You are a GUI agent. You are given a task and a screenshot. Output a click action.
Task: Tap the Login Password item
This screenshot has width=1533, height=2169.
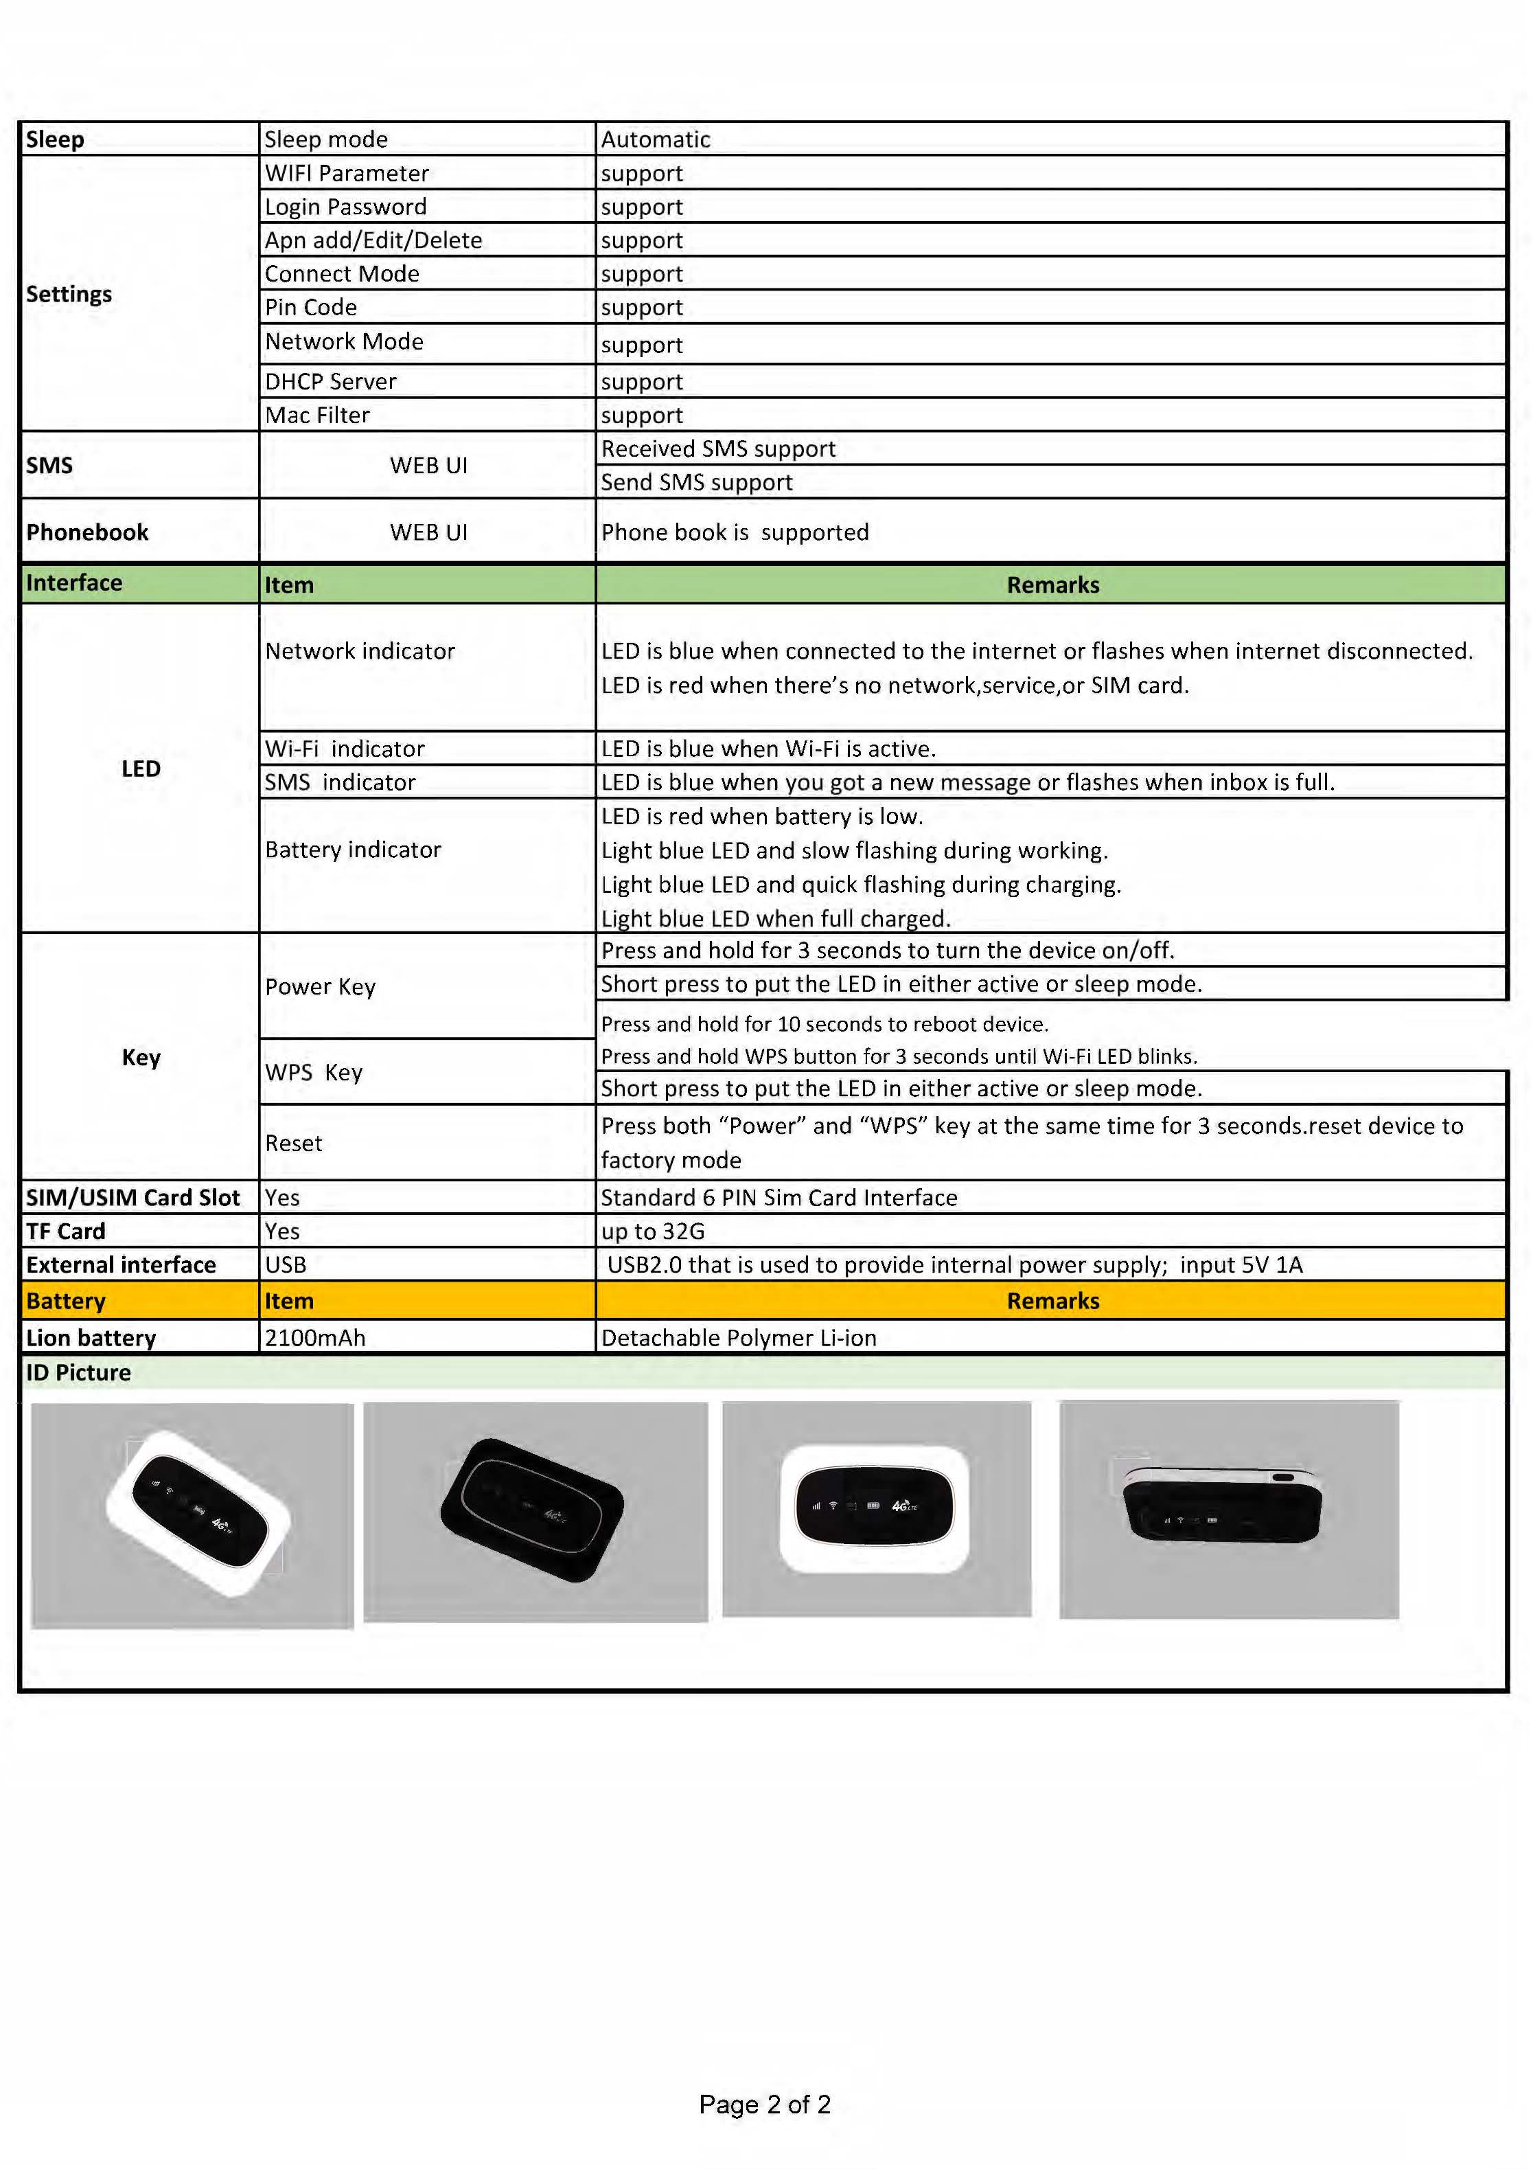(346, 206)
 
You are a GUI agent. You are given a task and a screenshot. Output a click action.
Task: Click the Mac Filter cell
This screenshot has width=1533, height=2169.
(317, 415)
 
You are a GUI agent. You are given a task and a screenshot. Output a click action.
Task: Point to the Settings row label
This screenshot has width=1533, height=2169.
(69, 294)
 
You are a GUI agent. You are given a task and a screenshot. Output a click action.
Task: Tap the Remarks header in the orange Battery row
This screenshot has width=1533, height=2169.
(1052, 1301)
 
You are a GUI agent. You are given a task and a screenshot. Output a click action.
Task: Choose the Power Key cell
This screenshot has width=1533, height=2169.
(320, 986)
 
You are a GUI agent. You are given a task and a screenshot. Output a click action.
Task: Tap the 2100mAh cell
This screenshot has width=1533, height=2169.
(314, 1338)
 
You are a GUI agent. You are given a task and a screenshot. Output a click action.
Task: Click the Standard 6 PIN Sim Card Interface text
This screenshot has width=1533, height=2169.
(779, 1197)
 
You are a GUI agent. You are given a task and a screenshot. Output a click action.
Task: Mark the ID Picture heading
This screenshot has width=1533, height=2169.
(78, 1373)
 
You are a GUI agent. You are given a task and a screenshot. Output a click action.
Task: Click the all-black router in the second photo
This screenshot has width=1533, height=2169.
(532, 1509)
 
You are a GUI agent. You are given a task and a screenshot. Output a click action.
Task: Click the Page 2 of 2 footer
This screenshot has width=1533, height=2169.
(764, 2104)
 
